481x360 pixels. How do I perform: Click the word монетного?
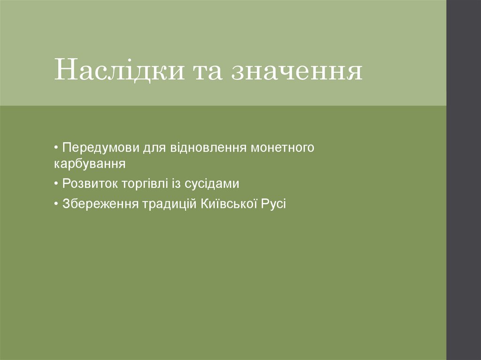pos(282,148)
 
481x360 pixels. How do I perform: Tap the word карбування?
pos(90,164)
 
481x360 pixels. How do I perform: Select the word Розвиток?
pos(89,184)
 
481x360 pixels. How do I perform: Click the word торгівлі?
pos(144,184)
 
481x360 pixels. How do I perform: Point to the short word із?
pos(176,184)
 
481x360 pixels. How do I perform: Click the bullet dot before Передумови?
pos(56,148)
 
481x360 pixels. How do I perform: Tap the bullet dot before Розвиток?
pos(56,184)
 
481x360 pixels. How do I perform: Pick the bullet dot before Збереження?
pos(56,204)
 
